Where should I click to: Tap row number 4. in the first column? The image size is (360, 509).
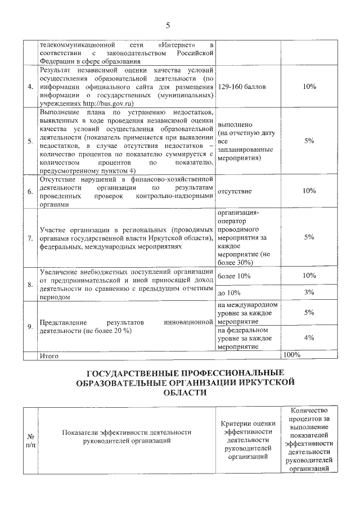click(30, 87)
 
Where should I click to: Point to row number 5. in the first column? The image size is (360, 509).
click(30, 141)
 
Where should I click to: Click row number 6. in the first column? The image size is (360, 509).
click(30, 191)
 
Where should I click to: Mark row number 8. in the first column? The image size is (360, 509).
click(30, 284)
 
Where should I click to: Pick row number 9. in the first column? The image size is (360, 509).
click(30, 326)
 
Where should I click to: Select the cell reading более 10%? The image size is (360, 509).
click(233, 276)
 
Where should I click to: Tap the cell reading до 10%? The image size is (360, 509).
click(229, 292)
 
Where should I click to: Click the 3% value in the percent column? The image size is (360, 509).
click(308, 292)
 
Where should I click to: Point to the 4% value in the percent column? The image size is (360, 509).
click(308, 338)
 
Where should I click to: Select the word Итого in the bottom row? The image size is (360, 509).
click(49, 355)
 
